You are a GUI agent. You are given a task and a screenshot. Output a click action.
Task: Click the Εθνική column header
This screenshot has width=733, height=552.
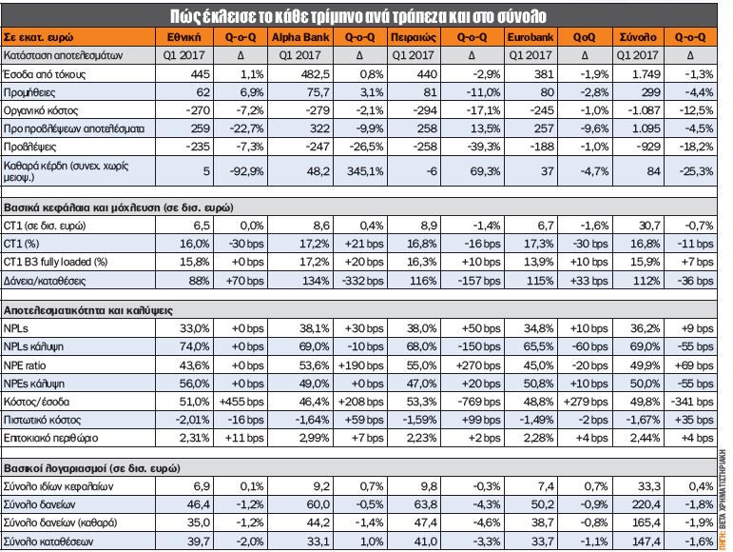tap(183, 37)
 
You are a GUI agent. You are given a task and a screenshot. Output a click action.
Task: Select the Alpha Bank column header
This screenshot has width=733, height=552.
tap(300, 37)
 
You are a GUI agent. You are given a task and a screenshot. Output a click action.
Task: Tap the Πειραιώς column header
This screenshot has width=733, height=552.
tap(414, 37)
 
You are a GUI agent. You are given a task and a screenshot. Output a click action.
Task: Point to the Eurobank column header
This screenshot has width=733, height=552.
tap(530, 37)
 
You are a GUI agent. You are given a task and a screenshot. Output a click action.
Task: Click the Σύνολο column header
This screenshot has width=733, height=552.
tap(638, 37)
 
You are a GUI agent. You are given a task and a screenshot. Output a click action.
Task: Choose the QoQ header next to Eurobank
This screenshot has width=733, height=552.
tap(584, 37)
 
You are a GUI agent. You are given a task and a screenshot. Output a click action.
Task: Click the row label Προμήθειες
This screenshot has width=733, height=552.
tap(29, 92)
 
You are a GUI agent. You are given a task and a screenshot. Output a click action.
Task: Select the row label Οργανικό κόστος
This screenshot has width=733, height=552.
tap(41, 110)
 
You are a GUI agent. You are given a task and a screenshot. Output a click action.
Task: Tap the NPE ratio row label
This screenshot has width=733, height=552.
tap(25, 365)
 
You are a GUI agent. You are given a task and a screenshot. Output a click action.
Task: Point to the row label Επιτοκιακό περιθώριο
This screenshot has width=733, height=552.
tap(50, 439)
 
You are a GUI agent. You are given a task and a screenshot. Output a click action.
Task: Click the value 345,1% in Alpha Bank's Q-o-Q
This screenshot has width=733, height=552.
tap(365, 171)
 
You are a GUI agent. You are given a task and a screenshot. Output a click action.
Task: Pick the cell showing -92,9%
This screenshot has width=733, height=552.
tap(246, 171)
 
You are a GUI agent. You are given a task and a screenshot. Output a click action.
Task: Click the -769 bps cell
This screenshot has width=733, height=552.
tap(477, 402)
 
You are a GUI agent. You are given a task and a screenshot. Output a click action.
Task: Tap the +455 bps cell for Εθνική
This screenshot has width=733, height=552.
tap(241, 402)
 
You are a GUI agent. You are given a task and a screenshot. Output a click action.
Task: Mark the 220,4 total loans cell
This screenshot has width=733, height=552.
tap(646, 504)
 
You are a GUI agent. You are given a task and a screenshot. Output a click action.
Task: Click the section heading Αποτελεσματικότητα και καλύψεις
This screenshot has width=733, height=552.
tap(88, 310)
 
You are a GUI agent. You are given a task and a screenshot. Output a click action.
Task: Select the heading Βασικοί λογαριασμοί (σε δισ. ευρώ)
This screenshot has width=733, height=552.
tap(91, 468)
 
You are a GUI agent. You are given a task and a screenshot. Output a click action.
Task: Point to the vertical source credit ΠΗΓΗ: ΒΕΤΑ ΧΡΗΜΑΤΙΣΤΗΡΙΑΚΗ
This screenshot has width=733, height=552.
tap(723, 500)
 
